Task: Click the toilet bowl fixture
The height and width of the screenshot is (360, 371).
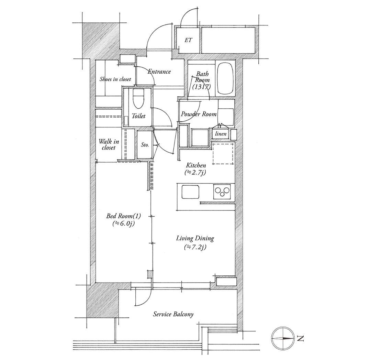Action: (x=139, y=99)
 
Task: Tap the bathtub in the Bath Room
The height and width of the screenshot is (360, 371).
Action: (x=225, y=78)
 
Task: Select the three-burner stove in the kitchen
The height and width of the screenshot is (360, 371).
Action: (x=222, y=192)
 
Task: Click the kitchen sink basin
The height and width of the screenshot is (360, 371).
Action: (x=190, y=192)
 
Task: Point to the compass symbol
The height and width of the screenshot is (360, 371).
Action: (x=283, y=338)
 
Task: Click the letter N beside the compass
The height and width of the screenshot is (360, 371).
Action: (x=300, y=339)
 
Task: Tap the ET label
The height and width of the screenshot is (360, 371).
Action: (x=188, y=40)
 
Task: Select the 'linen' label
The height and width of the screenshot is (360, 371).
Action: (x=221, y=134)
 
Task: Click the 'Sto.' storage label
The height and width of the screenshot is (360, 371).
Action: (x=145, y=144)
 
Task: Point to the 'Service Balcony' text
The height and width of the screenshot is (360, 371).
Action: (x=173, y=314)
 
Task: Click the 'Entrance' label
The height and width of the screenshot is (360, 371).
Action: (x=159, y=71)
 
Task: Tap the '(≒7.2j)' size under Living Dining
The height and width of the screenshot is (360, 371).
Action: (x=195, y=247)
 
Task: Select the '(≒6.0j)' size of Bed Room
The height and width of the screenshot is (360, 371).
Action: (x=124, y=223)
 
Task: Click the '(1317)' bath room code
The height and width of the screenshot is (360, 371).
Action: (x=202, y=87)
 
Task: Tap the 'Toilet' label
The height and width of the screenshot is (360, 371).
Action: (x=138, y=116)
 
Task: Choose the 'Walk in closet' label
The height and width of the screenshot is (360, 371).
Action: (x=109, y=144)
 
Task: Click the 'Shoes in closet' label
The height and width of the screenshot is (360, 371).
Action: (x=115, y=79)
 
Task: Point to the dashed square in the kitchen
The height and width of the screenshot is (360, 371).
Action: (x=223, y=153)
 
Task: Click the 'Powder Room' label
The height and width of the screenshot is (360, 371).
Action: (x=199, y=114)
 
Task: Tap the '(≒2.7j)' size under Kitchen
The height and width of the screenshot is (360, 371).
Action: (x=195, y=172)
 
